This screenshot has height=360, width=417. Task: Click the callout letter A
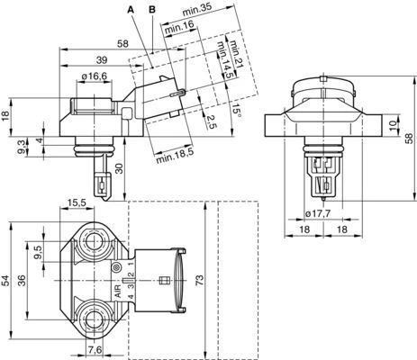tap(131, 10)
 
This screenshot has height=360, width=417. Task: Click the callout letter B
tap(152, 10)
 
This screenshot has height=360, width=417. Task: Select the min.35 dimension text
tap(197, 11)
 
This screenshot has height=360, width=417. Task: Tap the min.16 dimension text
tap(179, 28)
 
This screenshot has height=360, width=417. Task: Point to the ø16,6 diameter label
tap(95, 76)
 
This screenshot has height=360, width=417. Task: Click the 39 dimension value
tap(102, 60)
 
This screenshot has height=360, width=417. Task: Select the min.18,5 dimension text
tap(175, 156)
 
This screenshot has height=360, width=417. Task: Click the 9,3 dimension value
tap(22, 147)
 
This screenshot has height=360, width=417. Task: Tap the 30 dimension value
tap(120, 169)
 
